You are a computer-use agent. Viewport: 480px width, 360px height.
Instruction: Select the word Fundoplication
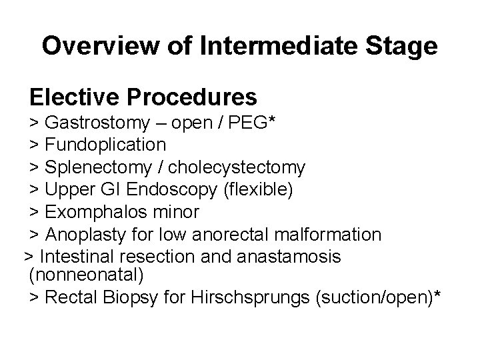[x=106, y=144]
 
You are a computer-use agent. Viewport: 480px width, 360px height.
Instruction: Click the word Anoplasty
[x=85, y=235]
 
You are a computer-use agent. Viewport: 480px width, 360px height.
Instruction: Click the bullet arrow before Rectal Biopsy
[x=34, y=297]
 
